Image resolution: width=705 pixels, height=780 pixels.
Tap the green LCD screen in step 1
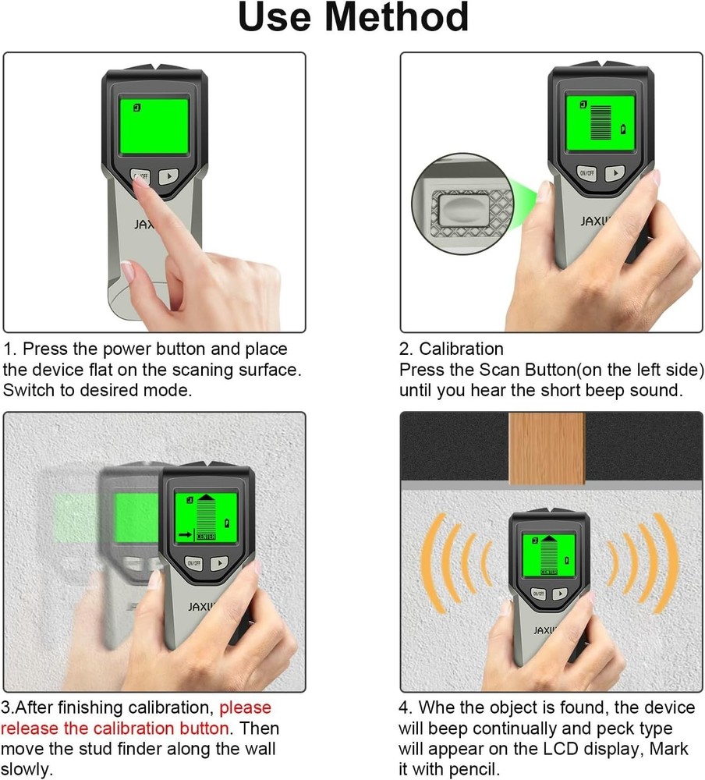coord(153,124)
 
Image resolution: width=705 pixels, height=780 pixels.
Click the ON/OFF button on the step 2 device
coord(586,173)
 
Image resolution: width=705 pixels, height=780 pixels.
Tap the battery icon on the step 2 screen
coord(622,128)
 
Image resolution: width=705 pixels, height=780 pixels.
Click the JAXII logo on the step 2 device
coord(596,221)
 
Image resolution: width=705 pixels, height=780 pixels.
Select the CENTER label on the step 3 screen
coord(206,536)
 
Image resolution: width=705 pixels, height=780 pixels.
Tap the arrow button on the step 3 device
coord(220,562)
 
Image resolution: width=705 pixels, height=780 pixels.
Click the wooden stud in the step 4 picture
coord(546,448)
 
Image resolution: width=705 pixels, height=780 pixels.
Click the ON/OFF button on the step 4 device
coord(537,594)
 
